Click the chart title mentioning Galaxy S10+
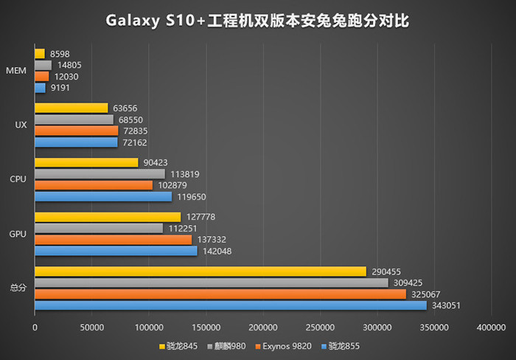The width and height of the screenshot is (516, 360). tap(257, 21)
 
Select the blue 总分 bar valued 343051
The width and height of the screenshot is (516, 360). tap(230, 305)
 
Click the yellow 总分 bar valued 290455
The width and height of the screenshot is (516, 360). tap(200, 271)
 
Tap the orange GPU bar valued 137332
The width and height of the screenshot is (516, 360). tap(113, 240)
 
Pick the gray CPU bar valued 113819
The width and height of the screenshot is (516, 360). tap(100, 174)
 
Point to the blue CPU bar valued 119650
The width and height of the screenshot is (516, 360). tap(102, 196)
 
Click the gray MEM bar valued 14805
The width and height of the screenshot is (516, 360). tap(43, 65)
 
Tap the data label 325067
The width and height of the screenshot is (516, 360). tap(425, 294)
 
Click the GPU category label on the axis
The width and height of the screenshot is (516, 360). tap(18, 234)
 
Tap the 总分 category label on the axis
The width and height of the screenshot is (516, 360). tap(18, 288)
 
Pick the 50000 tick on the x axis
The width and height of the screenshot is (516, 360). tap(91, 327)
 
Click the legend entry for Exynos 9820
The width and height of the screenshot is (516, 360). tap(284, 345)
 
